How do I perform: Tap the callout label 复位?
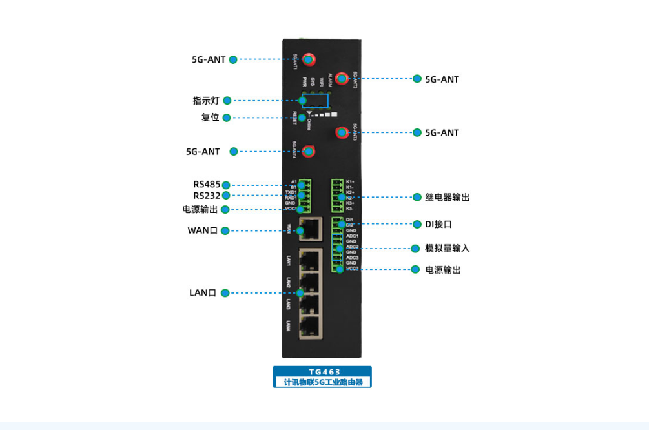211,118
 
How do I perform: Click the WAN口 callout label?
202,230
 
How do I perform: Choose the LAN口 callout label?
202,293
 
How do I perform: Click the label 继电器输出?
448,197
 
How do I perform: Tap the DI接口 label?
438,224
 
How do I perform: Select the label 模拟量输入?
447,248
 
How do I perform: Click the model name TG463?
322,372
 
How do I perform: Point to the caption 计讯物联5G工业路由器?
322,382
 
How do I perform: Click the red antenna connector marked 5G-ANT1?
308,59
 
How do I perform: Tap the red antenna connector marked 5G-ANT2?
342,79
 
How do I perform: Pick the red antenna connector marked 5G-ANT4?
309,152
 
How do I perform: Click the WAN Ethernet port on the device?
311,227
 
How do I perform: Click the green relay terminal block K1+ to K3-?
337,196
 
